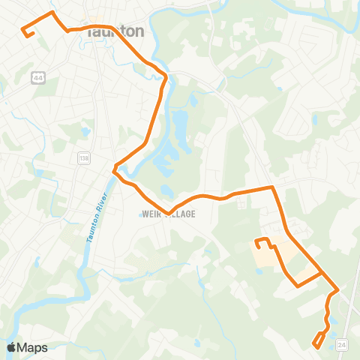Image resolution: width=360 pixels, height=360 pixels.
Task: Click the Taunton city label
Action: pyautogui.click(x=115, y=31)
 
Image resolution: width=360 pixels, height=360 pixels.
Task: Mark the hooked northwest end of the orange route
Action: pyautogui.click(x=25, y=31)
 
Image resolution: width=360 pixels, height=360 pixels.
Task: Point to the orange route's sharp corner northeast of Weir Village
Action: pyautogui.click(x=271, y=187)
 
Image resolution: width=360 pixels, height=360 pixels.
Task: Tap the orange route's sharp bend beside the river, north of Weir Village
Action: pyautogui.click(x=115, y=169)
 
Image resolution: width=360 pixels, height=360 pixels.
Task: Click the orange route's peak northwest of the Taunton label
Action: pyautogui.click(x=51, y=13)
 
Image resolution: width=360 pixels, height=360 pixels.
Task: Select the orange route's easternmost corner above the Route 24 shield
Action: pyautogui.click(x=337, y=289)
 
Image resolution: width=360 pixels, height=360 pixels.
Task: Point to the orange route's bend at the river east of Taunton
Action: pyautogui.click(x=163, y=77)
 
